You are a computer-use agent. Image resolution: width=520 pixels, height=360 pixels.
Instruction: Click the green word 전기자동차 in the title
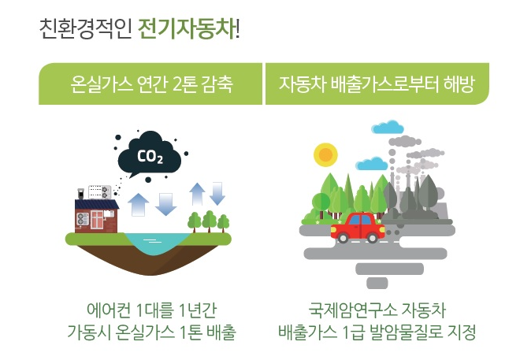tap(187, 29)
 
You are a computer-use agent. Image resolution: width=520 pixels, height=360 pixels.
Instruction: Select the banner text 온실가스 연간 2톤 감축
tap(151, 84)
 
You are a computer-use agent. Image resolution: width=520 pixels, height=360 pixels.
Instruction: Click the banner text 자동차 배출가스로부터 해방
tap(377, 84)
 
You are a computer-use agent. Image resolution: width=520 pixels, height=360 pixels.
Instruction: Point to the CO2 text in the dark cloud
tap(150, 156)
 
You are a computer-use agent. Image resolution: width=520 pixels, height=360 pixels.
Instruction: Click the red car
tap(358, 228)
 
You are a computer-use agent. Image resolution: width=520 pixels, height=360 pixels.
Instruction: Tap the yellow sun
tap(325, 155)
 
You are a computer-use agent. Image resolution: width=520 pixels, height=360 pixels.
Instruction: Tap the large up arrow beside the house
tap(138, 205)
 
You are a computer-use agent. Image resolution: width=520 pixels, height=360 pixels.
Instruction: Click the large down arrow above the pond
tap(165, 204)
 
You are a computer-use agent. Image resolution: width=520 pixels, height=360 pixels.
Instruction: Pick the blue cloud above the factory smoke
tap(388, 127)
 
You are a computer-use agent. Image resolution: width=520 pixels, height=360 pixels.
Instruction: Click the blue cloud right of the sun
tap(372, 163)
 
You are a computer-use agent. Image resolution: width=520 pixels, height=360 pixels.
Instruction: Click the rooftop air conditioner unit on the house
tap(99, 192)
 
